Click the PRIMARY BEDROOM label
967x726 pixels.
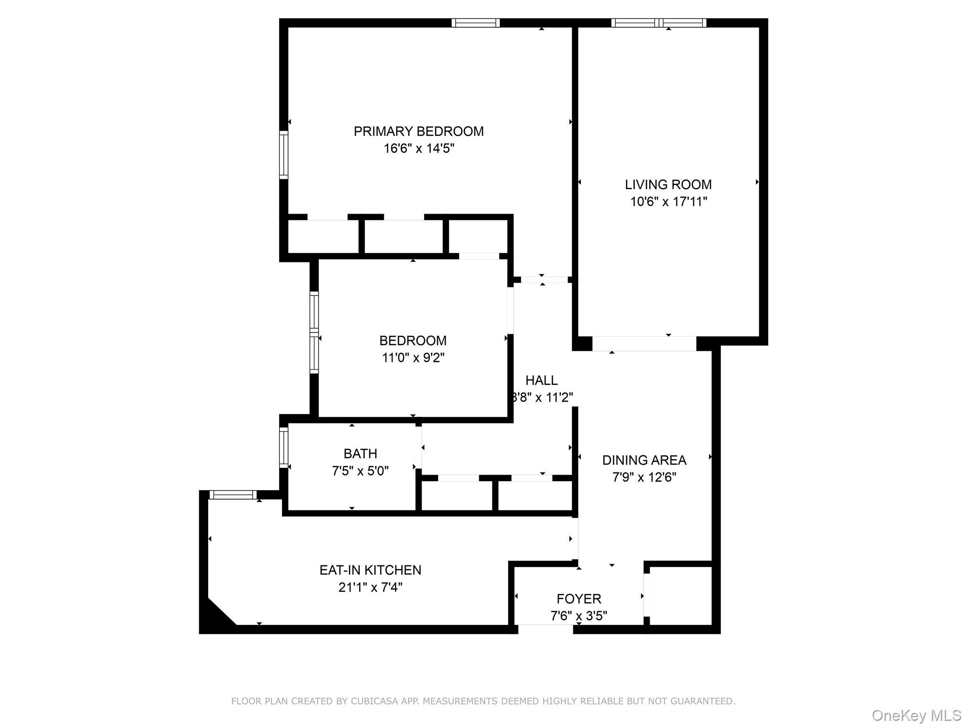[418, 131]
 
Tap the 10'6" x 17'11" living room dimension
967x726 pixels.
[668, 202]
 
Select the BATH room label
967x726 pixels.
[360, 454]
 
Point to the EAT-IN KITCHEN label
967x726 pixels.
[370, 570]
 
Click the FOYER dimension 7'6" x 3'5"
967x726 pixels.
[578, 616]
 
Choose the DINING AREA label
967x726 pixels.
[644, 460]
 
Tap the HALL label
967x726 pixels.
[541, 380]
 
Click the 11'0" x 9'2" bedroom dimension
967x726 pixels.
[413, 358]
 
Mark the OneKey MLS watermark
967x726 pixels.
[916, 716]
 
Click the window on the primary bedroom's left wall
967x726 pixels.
[283, 155]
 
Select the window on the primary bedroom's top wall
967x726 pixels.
[475, 23]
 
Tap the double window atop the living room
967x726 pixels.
[659, 23]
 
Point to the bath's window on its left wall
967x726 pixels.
[283, 447]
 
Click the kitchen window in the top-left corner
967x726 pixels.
[233, 495]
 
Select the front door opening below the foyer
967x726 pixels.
[545, 629]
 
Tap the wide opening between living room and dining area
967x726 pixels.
[644, 344]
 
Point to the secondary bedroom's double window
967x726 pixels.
[314, 333]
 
